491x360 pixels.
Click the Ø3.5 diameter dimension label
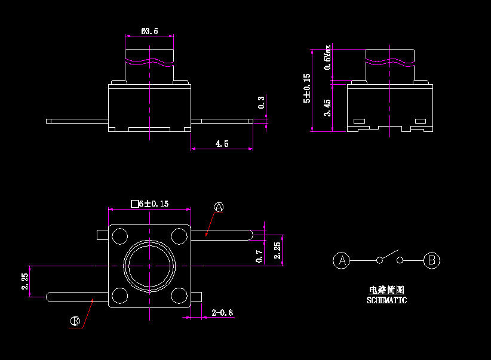tap(149, 31)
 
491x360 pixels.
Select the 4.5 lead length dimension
tap(222, 144)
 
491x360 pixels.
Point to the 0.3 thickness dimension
tap(261, 102)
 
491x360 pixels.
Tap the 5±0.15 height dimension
tap(307, 88)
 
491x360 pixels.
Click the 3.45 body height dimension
tap(327, 107)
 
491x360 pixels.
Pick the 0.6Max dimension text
tap(327, 57)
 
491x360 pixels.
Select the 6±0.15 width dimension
tap(150, 204)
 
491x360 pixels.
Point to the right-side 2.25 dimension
tap(277, 250)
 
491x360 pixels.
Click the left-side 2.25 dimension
tap(24, 281)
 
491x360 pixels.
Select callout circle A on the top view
tap(219, 207)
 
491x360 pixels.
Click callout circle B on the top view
tap(75, 321)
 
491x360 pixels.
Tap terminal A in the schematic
tap(342, 260)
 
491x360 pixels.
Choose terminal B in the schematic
tap(432, 260)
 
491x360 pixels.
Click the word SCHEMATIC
tap(386, 300)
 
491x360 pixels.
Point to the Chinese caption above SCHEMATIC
tap(386, 290)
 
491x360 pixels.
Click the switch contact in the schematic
tap(389, 257)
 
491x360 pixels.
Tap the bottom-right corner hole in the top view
tap(179, 294)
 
